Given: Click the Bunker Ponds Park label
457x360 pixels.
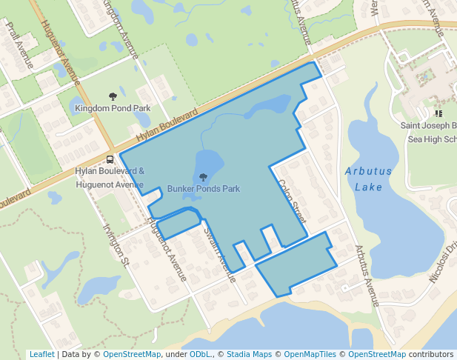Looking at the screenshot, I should (x=203, y=189).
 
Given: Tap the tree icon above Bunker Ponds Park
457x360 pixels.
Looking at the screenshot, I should (x=203, y=176).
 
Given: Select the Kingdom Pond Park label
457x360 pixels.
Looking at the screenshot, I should (x=113, y=108).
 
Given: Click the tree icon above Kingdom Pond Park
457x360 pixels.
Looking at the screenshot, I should (x=113, y=96).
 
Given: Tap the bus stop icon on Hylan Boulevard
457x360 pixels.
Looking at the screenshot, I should (x=110, y=159).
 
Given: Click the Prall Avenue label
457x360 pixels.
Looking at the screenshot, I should (x=20, y=45).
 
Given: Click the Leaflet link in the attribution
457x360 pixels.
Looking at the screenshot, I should (x=41, y=354).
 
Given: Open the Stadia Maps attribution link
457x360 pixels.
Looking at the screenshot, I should (x=248, y=354).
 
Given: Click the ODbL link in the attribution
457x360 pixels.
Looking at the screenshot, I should (x=200, y=354).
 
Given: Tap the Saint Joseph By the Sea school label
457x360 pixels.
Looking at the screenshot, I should (x=429, y=131).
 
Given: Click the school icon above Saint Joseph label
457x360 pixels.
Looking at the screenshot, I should (x=438, y=114).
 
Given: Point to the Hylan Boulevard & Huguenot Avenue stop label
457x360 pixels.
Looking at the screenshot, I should (x=110, y=178).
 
